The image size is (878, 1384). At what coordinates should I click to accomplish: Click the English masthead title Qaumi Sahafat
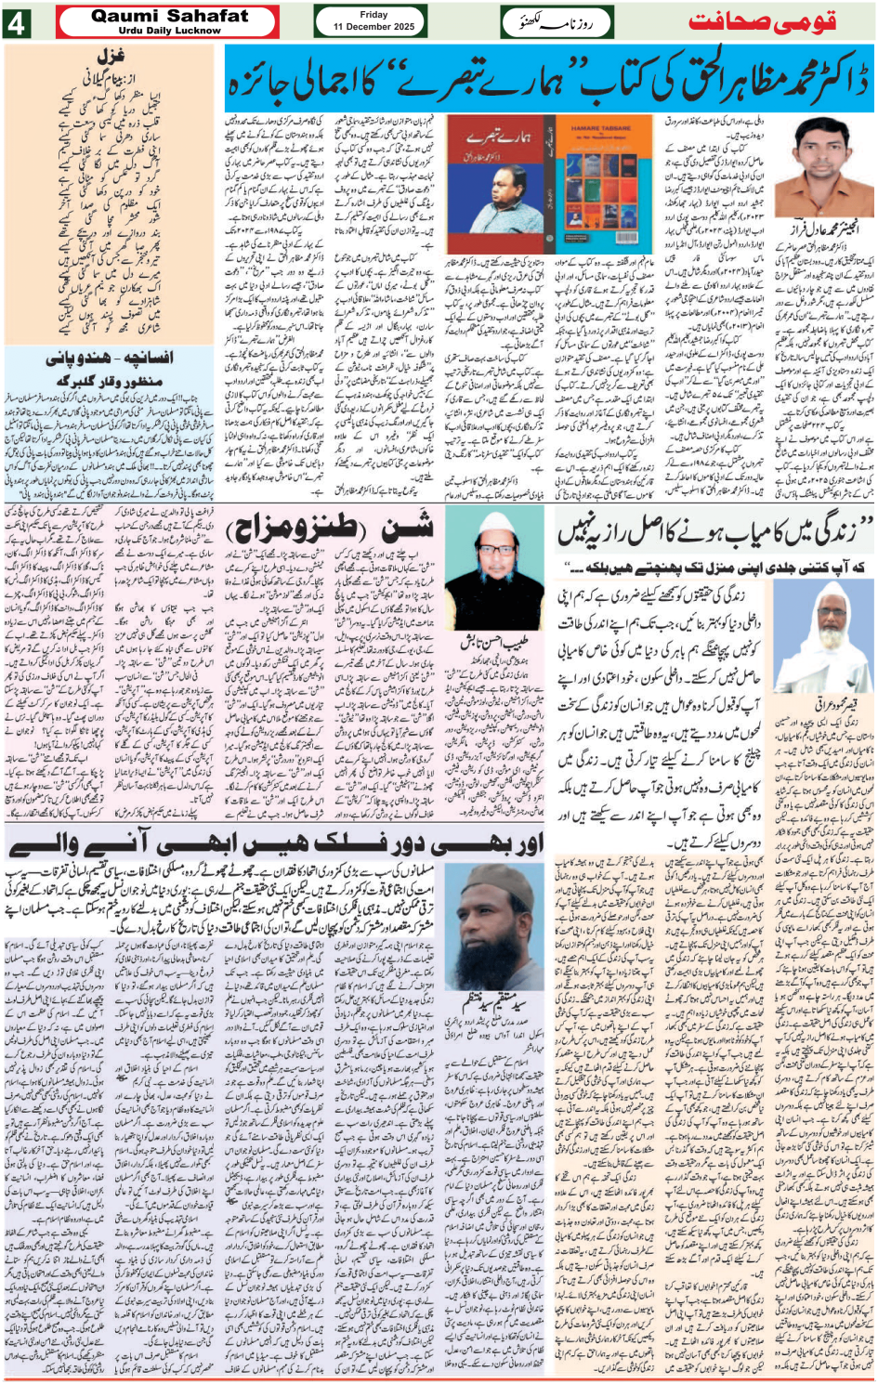point(169,16)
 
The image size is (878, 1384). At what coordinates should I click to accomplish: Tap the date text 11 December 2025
point(373,27)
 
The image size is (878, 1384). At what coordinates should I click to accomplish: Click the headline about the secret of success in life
point(715,532)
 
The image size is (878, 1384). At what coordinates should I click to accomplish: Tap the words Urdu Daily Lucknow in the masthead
point(169,30)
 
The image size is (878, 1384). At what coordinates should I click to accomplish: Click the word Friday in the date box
point(373,15)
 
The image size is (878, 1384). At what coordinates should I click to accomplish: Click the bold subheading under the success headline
point(715,567)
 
